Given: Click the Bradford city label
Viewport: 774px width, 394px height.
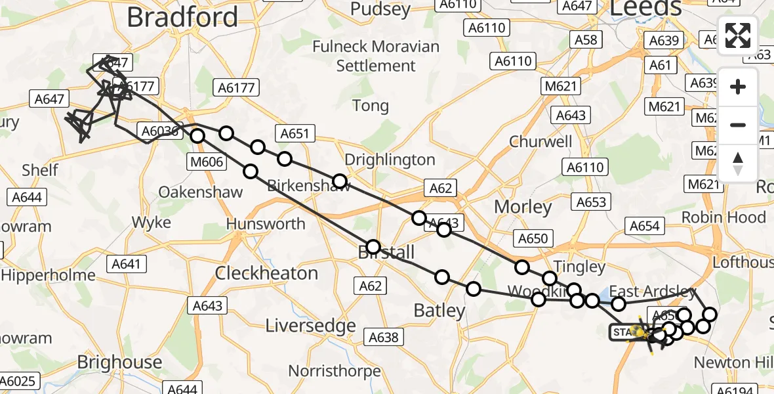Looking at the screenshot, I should [182, 17].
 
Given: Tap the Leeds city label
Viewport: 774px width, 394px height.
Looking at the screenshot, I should [646, 8].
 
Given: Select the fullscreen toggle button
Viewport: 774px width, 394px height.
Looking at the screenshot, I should [738, 35].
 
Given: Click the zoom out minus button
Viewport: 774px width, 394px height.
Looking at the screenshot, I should [738, 125].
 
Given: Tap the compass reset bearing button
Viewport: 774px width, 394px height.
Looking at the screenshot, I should [738, 164].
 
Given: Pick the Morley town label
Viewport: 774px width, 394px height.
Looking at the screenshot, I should [523, 207].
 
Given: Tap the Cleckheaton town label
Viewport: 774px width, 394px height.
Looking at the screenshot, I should [266, 273].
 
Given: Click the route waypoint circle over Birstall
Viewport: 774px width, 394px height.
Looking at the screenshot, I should [373, 247].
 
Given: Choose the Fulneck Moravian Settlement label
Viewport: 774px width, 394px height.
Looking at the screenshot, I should [376, 56].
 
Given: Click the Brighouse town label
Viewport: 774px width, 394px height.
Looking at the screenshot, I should [119, 362].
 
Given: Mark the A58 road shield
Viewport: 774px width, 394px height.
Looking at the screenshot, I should [585, 39].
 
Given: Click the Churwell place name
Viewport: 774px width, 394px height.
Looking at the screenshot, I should [540, 142].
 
